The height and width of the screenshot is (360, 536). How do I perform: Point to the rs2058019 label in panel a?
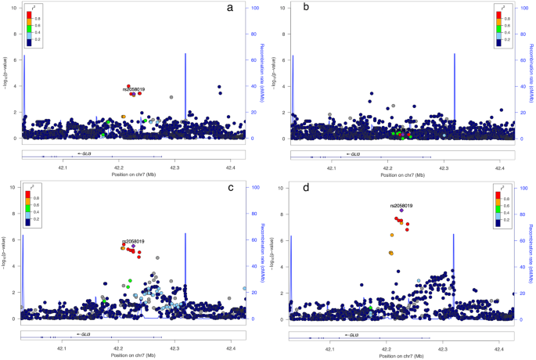click(x=133, y=89)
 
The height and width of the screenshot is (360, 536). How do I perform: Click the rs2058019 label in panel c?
click(x=133, y=242)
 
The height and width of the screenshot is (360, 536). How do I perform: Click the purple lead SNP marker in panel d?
click(x=401, y=211)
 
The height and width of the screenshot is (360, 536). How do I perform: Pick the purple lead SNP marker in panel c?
click(x=134, y=247)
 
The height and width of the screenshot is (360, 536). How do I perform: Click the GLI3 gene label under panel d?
click(x=353, y=335)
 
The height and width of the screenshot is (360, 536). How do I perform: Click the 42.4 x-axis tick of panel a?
click(x=231, y=167)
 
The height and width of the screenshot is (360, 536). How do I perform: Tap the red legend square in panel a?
click(x=28, y=16)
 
